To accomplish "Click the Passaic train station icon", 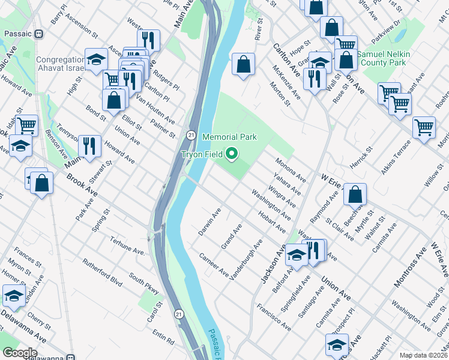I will click(39, 34).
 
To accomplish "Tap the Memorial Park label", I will click(229, 137).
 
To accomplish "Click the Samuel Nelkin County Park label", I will click(384, 58).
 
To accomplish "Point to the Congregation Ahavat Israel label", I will click(60, 64).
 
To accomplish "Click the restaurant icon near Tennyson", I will click(89, 146).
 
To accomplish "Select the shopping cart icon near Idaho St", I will click(27, 126).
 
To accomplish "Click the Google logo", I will click(20, 353).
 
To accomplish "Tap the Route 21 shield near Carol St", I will click(178, 314).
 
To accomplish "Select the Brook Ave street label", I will click(82, 187).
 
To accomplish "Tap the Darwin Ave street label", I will click(209, 221).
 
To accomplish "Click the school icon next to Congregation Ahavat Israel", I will click(95, 60).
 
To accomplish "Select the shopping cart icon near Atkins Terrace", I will click(424, 128).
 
